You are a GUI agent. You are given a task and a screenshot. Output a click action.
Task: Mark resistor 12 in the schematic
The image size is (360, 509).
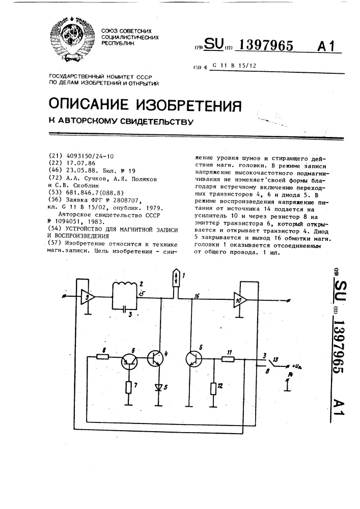pos(214,389)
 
